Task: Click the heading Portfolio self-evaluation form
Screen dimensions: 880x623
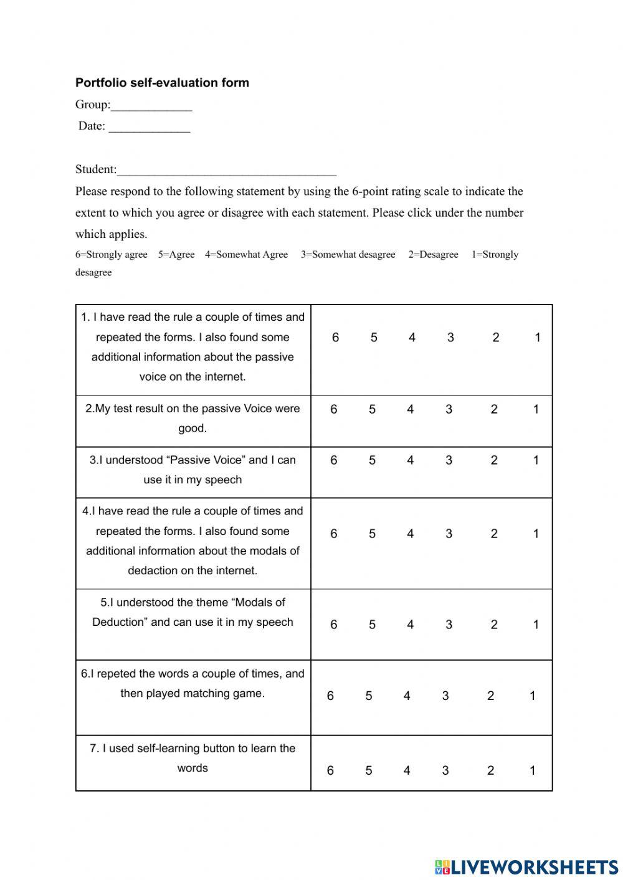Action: coord(162,83)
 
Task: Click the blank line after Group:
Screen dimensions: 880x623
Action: coord(151,106)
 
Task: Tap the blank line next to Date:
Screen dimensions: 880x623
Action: coord(150,127)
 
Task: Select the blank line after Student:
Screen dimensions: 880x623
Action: coord(227,171)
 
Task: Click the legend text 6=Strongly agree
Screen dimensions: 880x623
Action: coord(112,255)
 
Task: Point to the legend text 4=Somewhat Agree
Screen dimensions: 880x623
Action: coord(247,255)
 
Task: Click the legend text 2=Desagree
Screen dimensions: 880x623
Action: coord(433,255)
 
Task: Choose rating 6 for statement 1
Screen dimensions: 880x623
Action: coord(335,338)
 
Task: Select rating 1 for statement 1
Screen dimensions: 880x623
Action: coord(538,338)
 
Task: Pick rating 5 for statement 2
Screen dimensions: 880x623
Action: coord(372,410)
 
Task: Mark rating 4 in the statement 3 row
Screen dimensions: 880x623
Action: coord(410,461)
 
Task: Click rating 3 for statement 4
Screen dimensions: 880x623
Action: coord(449,534)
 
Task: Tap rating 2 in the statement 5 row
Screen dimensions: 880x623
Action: coord(494,625)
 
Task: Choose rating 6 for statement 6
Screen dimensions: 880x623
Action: coord(330,696)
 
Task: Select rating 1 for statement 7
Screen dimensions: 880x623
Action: coord(533,771)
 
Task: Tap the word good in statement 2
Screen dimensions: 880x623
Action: coord(193,428)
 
